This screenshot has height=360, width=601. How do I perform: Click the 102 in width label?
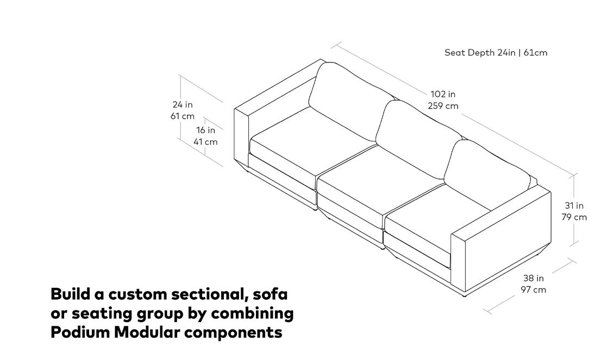(443, 95)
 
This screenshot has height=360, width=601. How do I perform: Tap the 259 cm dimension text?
(443, 106)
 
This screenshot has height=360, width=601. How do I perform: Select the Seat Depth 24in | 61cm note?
(496, 53)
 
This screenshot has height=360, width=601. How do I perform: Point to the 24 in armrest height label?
(183, 104)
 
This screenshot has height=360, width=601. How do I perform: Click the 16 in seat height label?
(206, 131)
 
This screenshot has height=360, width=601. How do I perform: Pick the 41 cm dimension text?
(205, 142)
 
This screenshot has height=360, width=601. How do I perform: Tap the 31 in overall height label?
(574, 206)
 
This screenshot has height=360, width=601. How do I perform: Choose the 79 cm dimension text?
(574, 217)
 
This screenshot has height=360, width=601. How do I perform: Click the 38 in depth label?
(534, 278)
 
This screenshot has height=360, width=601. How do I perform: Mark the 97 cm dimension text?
(534, 289)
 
